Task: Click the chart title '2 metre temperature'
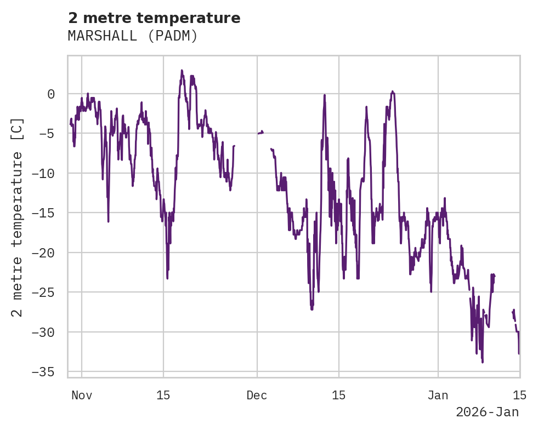[154, 18]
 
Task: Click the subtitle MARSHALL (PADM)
[132, 36]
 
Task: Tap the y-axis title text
[17, 217]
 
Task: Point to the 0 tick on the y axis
[51, 94]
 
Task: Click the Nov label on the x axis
[82, 395]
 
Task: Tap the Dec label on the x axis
[257, 395]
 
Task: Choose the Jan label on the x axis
[438, 395]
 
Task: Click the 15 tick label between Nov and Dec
[163, 395]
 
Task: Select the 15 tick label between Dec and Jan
[338, 395]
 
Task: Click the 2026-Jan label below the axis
[487, 412]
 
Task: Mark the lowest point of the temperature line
[483, 362]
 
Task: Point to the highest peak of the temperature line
[182, 71]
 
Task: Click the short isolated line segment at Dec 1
[260, 133]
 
